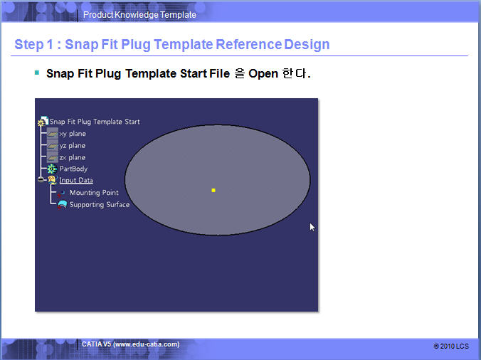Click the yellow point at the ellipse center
click(x=213, y=191)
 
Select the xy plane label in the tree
click(x=73, y=134)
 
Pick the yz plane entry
click(x=73, y=146)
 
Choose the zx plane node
click(x=73, y=157)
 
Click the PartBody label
click(x=73, y=169)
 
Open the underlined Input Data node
click(x=76, y=180)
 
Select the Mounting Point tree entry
click(x=94, y=193)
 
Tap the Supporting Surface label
click(x=100, y=204)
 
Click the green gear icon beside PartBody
click(x=52, y=169)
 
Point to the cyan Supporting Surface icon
click(x=63, y=205)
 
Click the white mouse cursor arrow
click(x=312, y=227)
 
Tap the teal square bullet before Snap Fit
click(x=37, y=73)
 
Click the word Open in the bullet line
click(x=263, y=73)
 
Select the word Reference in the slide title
click(x=248, y=44)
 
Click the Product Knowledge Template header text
click(x=139, y=15)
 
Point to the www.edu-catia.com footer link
click(x=146, y=344)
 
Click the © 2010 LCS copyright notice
click(x=451, y=346)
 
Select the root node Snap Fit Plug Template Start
click(x=95, y=122)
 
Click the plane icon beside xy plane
click(x=53, y=134)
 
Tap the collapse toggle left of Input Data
click(x=41, y=180)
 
